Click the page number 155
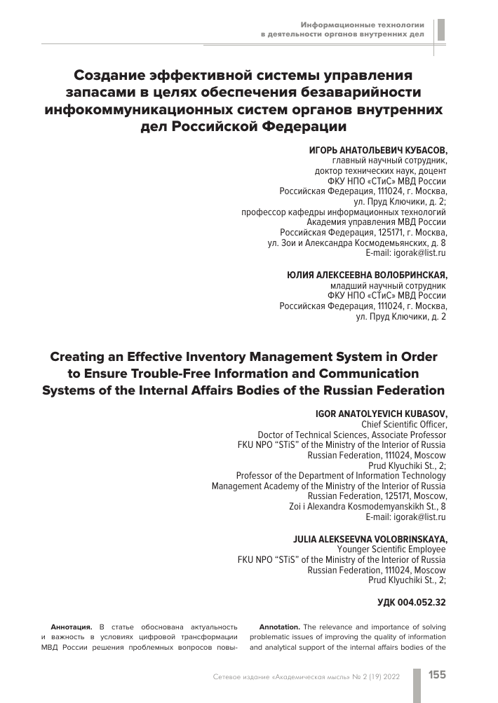tap(437, 675)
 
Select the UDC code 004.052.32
tap(411, 601)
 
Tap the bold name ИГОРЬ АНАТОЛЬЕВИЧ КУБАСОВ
tap(377, 151)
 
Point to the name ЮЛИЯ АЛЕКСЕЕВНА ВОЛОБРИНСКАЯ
tap(367, 275)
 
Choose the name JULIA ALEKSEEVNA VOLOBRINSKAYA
tap(369, 538)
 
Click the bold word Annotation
tap(280, 626)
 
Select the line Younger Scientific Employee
tap(391, 549)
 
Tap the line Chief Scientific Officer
tap(403, 424)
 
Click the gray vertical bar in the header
tap(440, 29)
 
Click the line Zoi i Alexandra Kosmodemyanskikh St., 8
tap(368, 506)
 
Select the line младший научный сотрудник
tap(388, 286)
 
